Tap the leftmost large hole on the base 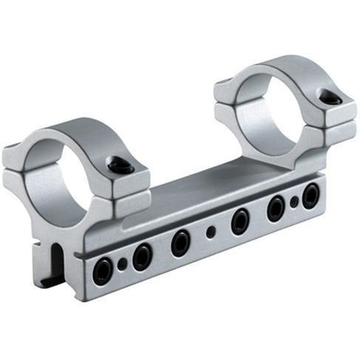103,271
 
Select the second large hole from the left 141,257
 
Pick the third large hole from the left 180,242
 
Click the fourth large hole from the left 240,221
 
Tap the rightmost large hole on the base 310,196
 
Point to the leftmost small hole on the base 123,264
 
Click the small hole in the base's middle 211,231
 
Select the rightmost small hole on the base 294,201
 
